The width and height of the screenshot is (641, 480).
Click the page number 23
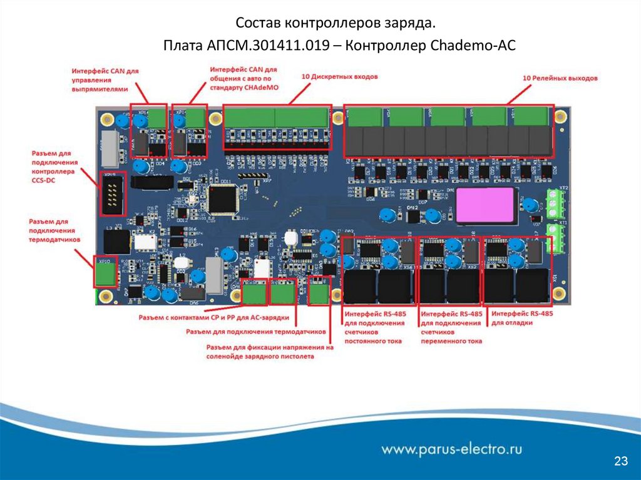click(x=621, y=462)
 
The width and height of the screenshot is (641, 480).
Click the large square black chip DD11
click(x=223, y=197)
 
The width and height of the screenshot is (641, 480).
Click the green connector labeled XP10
click(x=105, y=272)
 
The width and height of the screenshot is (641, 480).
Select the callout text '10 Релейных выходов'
click(x=560, y=78)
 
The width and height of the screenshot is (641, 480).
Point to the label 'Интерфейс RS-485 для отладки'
click(x=522, y=318)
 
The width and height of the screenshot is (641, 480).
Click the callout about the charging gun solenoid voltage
click(x=269, y=352)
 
